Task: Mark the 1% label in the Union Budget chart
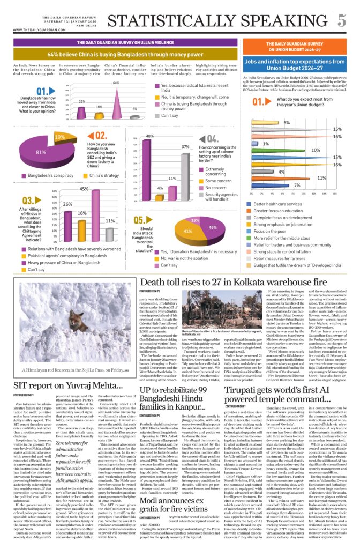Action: (x=266, y=144)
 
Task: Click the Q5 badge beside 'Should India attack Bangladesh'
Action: (x=139, y=220)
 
